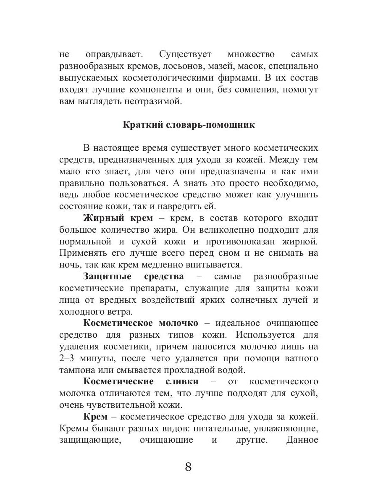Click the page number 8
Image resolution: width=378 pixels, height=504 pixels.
click(188, 467)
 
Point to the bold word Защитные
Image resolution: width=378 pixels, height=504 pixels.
click(108, 277)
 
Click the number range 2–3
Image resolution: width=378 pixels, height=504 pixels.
click(68, 359)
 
